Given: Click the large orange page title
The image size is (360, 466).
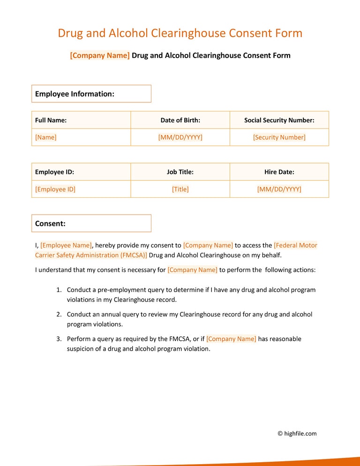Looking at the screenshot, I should (180, 33).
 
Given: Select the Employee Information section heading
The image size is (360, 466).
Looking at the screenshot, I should (91, 94).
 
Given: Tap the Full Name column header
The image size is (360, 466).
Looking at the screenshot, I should (51, 120).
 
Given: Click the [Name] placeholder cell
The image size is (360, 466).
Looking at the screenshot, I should (46, 137).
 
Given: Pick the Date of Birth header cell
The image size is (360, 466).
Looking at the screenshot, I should (180, 120).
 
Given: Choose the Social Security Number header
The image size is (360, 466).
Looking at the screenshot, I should (279, 120).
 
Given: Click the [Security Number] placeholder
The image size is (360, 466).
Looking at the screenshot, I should (279, 137).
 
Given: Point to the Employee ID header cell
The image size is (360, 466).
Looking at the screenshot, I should (55, 172).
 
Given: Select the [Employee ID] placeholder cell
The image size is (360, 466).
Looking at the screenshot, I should (55, 189).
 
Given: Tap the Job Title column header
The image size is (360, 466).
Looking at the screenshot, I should (180, 172).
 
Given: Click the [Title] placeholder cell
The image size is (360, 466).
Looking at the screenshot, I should (180, 189).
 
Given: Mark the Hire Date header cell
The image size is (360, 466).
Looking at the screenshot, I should (279, 172).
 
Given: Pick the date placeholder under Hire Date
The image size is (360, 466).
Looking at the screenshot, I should (279, 189).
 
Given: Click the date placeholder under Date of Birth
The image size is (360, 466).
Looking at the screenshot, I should (180, 137).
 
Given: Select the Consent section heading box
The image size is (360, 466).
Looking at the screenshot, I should (91, 224).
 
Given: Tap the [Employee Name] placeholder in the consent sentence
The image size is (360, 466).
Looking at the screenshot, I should (66, 245).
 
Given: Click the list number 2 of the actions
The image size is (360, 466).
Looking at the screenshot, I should (59, 315).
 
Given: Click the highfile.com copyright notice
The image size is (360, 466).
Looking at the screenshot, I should (297, 434).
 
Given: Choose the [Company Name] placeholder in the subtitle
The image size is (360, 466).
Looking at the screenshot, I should (100, 55).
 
